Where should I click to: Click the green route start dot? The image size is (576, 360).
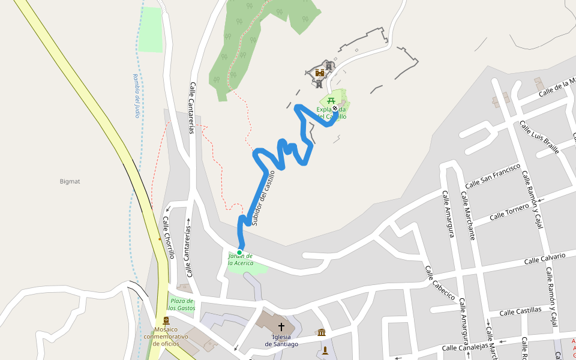point(239,252)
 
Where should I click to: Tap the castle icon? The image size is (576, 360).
point(320,73)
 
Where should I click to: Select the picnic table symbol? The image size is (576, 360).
point(331,100)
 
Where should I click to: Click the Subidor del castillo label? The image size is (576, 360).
point(263,198)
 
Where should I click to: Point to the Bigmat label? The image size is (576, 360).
point(70,181)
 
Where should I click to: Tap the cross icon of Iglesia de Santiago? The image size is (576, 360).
point(281,327)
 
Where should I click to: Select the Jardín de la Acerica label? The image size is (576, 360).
point(240,260)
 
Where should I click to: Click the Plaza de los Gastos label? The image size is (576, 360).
point(181,304)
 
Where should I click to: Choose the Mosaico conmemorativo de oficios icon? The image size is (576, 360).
point(166,320)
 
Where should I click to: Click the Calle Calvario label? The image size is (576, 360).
point(544,259)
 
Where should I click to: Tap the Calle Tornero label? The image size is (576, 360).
point(509,211)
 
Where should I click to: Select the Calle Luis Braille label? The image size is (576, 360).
point(539,137)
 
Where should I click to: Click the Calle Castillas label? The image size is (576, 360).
point(520,311)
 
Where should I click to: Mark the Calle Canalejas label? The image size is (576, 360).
point(463,347)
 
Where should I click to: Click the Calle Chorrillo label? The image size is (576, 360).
point(168,237)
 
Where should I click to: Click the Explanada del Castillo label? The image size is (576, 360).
point(331,113)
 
